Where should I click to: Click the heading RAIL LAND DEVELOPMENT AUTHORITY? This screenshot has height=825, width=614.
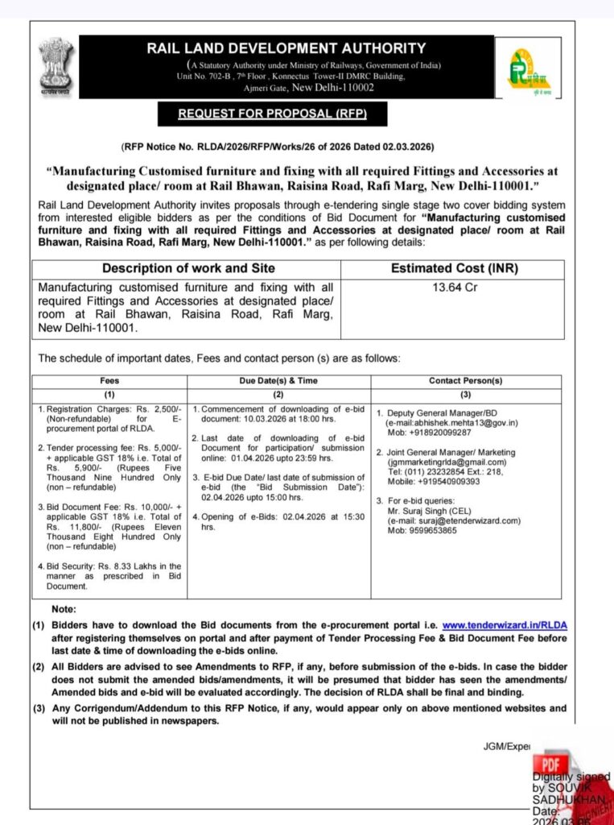[286, 49]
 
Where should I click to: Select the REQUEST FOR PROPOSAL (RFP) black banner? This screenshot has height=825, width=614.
[273, 114]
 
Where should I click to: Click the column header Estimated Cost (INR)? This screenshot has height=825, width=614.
[454, 268]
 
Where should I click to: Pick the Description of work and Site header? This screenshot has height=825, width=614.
[188, 268]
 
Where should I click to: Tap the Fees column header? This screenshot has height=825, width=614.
[109, 380]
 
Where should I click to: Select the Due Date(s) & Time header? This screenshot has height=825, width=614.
[278, 380]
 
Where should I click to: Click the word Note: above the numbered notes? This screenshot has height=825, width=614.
[64, 608]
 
